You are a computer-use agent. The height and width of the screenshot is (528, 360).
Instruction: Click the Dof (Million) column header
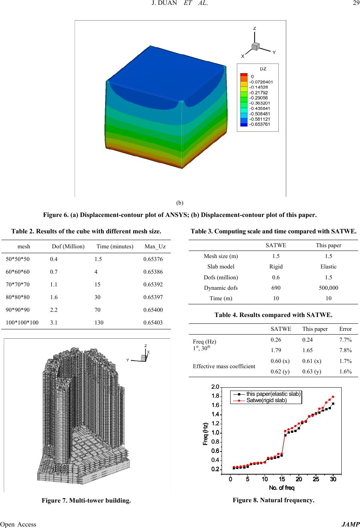68,246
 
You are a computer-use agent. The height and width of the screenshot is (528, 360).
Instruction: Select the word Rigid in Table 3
276,267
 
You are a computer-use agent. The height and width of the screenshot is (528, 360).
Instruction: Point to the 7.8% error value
345,350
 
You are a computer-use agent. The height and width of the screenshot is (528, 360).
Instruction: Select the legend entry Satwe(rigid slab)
266,400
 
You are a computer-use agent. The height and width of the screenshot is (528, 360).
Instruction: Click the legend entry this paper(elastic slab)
273,393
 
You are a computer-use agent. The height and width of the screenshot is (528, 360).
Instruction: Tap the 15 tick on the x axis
282,479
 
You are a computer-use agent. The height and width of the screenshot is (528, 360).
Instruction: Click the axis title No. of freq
282,488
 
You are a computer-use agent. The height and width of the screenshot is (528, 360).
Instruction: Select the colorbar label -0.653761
260,124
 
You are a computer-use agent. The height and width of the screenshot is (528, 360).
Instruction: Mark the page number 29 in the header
352,5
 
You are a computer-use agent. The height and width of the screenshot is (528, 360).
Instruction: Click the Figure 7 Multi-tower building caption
87,500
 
